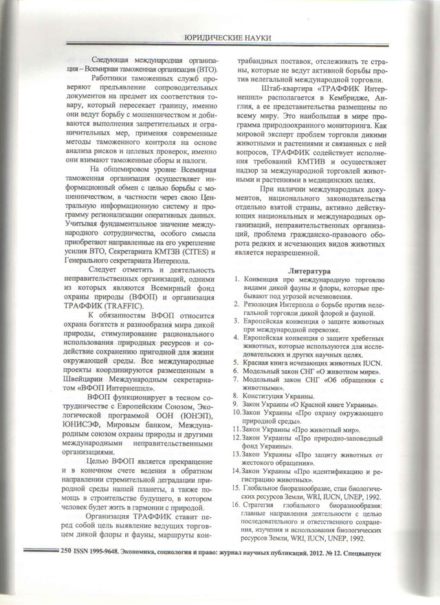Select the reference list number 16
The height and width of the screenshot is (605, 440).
(236, 505)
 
